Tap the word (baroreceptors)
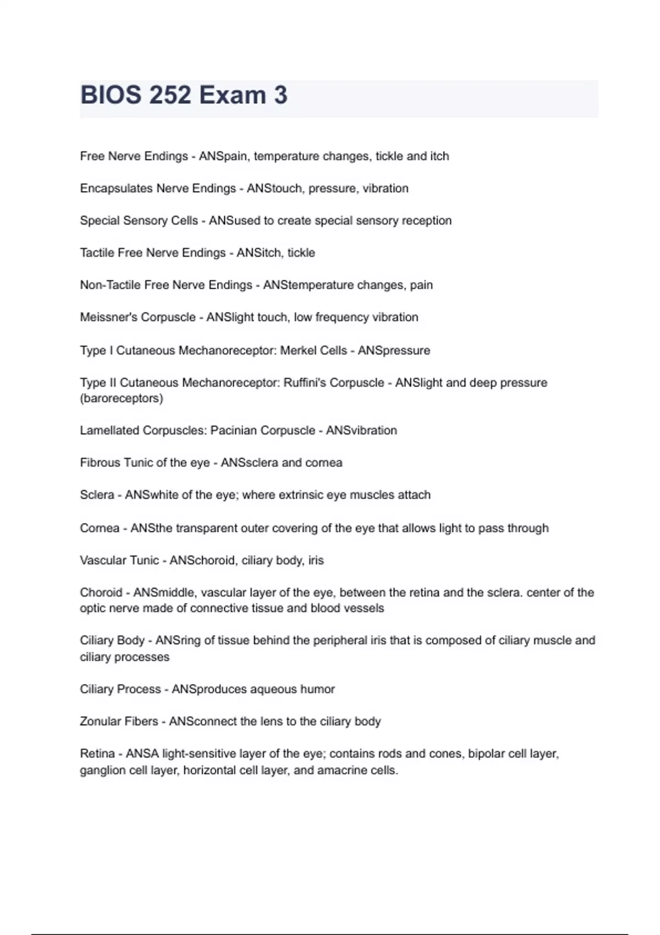(x=121, y=398)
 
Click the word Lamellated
(x=109, y=431)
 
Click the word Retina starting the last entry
(x=97, y=754)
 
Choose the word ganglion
(x=102, y=771)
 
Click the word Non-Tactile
(x=110, y=285)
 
